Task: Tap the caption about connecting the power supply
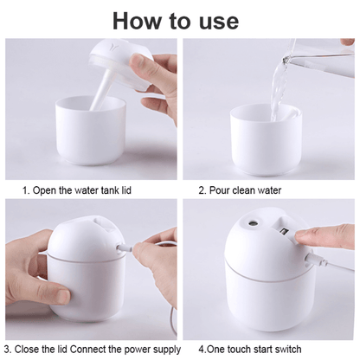[93, 349]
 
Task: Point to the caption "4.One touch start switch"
[251, 349]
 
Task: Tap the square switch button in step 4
[282, 232]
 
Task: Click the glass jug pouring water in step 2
[320, 56]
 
